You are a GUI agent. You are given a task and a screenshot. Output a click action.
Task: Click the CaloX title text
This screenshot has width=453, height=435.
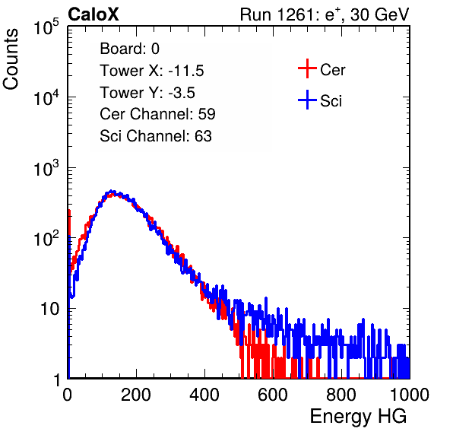[93, 14]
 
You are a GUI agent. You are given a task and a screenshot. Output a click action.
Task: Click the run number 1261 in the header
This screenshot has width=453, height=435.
[295, 14]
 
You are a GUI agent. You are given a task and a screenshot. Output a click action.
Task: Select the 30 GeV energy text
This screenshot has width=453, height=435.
[379, 15]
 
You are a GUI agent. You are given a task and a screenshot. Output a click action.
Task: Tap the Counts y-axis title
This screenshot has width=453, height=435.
[11, 59]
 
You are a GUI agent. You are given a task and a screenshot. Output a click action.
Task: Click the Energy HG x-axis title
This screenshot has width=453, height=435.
[358, 417]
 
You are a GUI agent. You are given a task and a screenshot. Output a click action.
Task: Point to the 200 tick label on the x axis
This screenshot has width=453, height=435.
[136, 394]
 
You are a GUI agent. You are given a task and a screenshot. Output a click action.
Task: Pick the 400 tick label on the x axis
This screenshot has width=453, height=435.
[204, 394]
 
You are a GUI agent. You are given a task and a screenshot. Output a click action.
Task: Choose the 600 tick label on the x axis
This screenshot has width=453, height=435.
[273, 394]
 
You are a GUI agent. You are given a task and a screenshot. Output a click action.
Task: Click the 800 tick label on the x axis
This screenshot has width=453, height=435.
[341, 394]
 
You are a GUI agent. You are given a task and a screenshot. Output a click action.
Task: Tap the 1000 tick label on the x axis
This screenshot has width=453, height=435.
[410, 394]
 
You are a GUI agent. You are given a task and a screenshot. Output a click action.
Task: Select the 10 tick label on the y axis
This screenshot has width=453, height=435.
[50, 309]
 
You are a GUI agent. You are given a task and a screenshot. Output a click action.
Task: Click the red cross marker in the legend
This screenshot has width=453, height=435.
[307, 68]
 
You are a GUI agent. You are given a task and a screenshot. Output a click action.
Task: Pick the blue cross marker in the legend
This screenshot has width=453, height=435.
[307, 100]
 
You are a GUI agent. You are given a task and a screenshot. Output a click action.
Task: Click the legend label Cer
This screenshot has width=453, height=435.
[332, 70]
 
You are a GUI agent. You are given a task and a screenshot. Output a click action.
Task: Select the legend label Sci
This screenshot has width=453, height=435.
[331, 101]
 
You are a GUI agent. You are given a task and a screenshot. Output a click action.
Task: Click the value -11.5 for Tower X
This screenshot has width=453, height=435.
[186, 71]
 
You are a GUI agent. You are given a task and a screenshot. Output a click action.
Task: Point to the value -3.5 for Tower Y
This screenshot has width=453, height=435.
[182, 93]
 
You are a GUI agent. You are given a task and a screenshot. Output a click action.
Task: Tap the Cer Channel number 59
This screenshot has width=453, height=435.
[207, 114]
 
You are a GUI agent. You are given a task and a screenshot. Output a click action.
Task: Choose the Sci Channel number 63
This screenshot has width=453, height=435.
[203, 136]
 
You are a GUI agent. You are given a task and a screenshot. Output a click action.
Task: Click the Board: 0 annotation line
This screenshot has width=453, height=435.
[130, 49]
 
